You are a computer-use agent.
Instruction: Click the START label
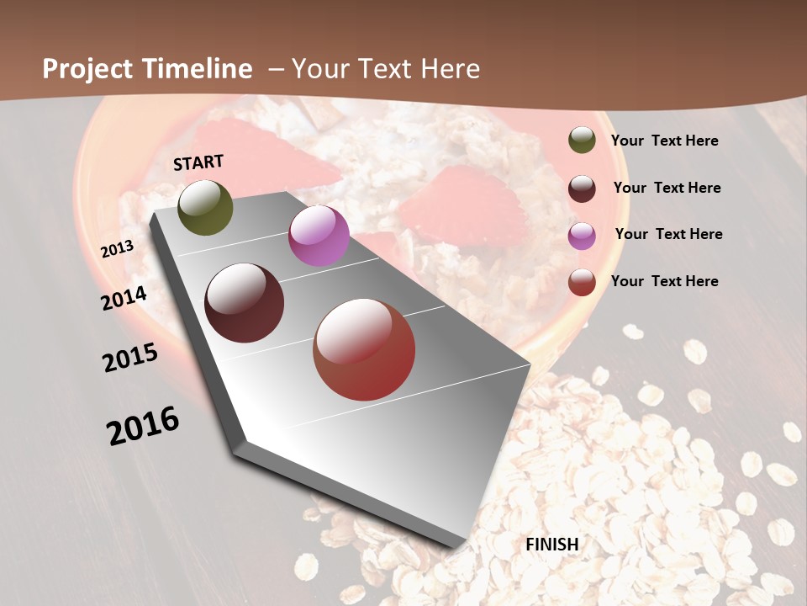click(x=198, y=162)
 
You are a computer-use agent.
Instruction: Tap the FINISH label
click(x=552, y=545)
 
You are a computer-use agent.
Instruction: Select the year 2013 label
click(x=118, y=249)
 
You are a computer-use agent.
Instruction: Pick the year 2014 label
click(x=124, y=299)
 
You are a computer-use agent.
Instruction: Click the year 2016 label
click(x=143, y=426)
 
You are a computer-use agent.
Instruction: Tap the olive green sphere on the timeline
click(x=205, y=208)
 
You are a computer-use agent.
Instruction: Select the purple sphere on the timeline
click(x=319, y=237)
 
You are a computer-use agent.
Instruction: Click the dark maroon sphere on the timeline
click(x=245, y=303)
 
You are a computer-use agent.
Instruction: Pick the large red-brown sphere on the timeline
click(x=364, y=349)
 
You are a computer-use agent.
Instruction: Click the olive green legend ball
click(x=582, y=141)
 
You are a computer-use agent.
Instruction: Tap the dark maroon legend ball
click(x=582, y=189)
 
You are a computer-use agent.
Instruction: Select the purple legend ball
click(x=582, y=236)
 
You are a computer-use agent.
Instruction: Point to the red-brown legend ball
click(x=582, y=282)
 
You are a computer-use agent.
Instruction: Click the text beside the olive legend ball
click(x=664, y=141)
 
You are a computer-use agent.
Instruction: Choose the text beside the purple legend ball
click(x=668, y=234)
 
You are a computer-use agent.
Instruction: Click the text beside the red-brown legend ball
click(x=664, y=281)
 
